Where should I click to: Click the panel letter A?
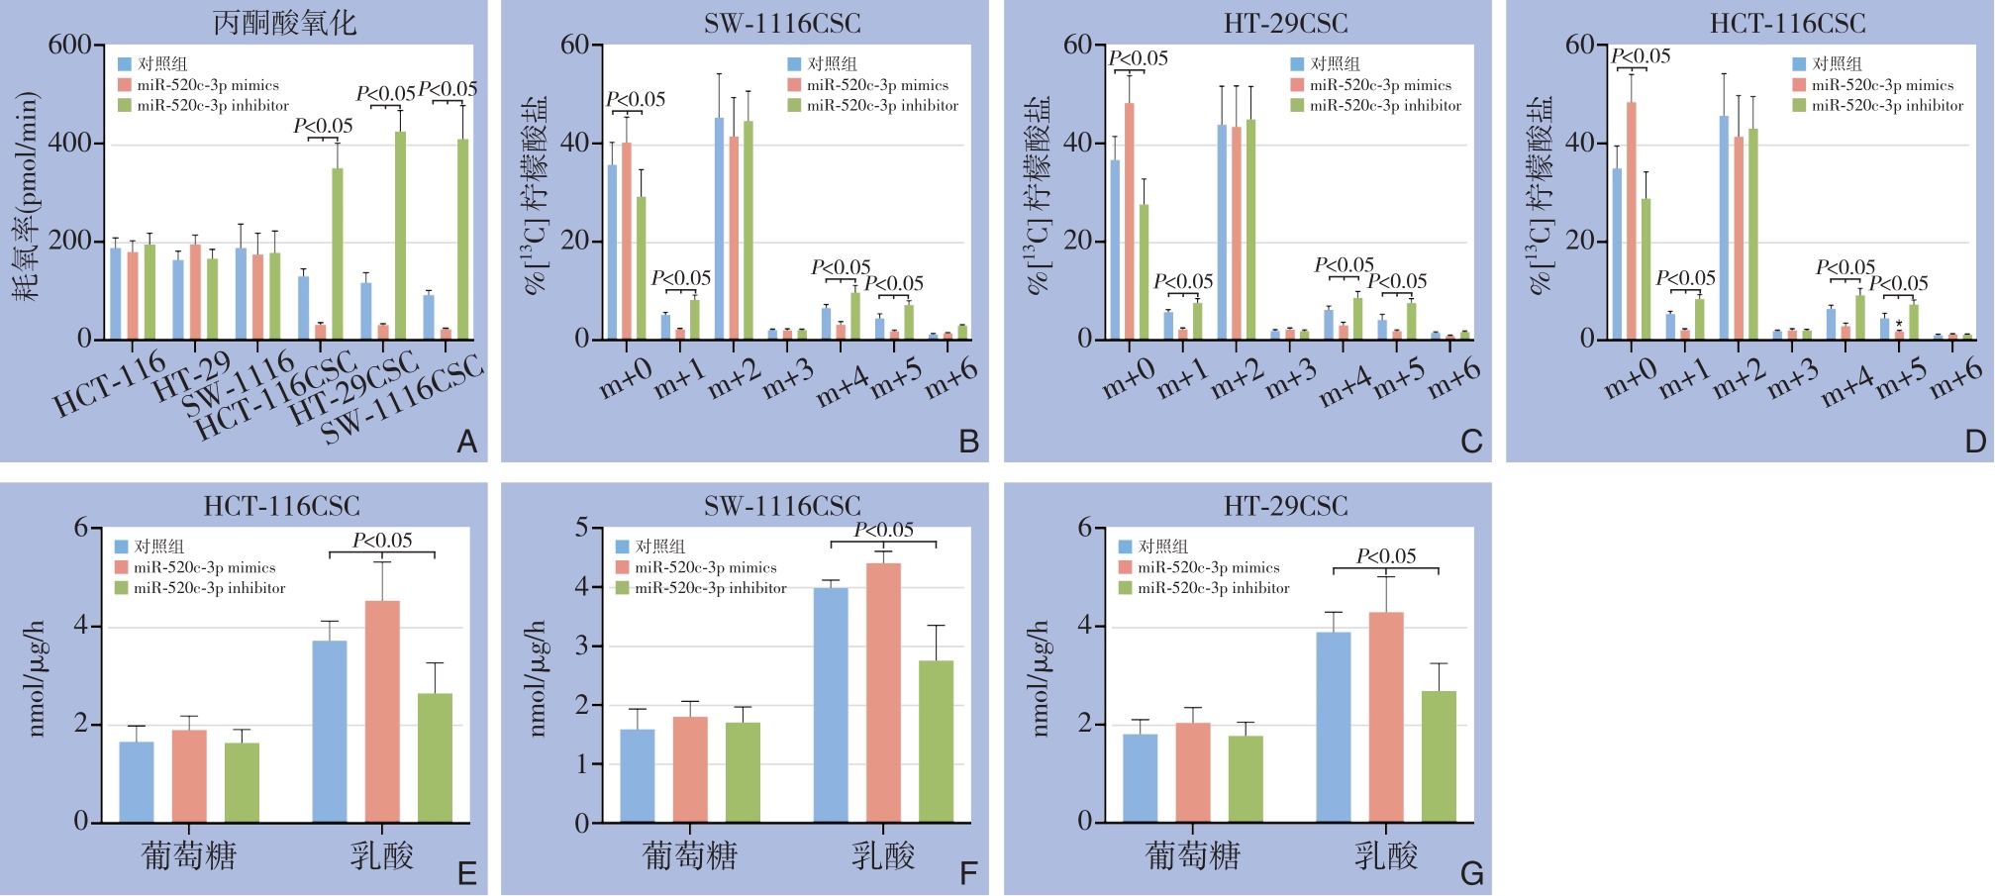point(467,442)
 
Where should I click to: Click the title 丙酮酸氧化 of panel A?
point(285,23)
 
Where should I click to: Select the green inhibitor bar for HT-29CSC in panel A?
point(400,235)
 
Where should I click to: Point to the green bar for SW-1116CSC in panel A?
point(462,239)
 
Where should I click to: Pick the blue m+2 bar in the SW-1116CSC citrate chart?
point(720,228)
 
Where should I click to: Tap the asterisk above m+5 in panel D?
point(1899,324)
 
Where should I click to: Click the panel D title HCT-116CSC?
point(1787,23)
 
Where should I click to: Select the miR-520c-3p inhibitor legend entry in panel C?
point(1375,106)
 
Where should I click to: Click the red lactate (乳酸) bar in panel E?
point(382,711)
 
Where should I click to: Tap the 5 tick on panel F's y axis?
point(582,528)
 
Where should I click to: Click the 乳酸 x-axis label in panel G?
point(1386,855)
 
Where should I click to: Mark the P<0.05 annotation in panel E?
point(382,541)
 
